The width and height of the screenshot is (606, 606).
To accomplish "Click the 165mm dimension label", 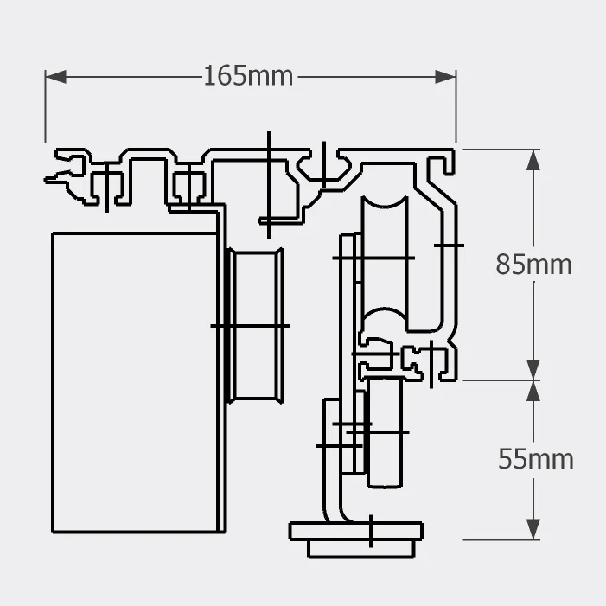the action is [248, 76].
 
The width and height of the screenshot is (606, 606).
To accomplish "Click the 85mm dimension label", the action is [533, 265].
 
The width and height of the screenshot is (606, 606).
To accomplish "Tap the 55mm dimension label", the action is [536, 459].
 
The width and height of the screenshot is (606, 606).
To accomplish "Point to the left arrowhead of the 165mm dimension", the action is [55, 77].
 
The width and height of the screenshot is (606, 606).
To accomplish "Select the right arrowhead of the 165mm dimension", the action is [445, 77].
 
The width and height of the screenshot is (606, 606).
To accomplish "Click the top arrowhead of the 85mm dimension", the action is [533, 160].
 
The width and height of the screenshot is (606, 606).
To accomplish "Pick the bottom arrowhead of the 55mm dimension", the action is [533, 529].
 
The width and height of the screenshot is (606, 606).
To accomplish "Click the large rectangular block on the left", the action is [135, 383].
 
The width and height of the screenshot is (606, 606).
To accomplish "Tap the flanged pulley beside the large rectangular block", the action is [255, 326].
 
